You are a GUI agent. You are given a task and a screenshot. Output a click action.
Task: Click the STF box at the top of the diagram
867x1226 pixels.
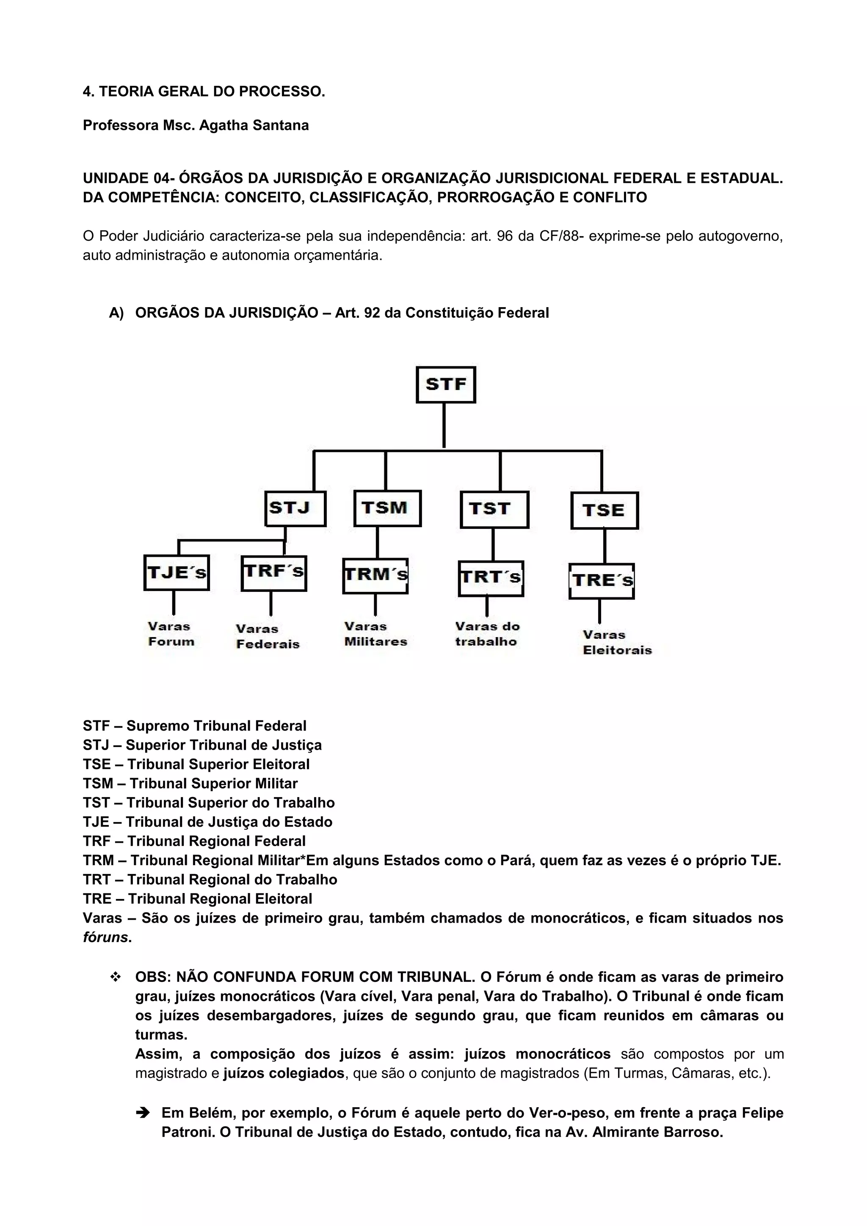(445, 385)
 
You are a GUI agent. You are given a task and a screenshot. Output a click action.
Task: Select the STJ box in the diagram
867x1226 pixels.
(295, 509)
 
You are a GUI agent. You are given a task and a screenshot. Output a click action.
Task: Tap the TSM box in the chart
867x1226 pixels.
(387, 509)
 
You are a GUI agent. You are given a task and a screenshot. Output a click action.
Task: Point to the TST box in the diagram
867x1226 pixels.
(494, 509)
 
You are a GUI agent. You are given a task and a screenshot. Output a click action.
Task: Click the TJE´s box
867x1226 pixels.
(176, 572)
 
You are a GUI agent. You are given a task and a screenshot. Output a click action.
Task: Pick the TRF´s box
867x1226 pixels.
(273, 573)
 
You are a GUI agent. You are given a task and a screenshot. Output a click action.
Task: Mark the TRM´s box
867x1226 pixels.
(375, 576)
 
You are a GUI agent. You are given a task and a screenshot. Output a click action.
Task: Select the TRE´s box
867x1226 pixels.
(602, 581)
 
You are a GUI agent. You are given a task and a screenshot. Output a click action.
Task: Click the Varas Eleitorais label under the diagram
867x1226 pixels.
(617, 642)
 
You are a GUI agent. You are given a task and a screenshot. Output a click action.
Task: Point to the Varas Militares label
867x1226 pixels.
(376, 634)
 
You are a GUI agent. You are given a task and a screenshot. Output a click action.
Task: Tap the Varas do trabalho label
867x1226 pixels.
(487, 634)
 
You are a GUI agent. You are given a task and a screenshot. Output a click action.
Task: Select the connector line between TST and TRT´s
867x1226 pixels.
(492, 544)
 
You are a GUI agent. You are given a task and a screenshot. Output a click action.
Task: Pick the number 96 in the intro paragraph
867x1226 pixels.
(504, 236)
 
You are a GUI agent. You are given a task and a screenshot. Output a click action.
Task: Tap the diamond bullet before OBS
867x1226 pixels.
(115, 977)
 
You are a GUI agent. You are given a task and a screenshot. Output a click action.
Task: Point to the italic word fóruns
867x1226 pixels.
(105, 937)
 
